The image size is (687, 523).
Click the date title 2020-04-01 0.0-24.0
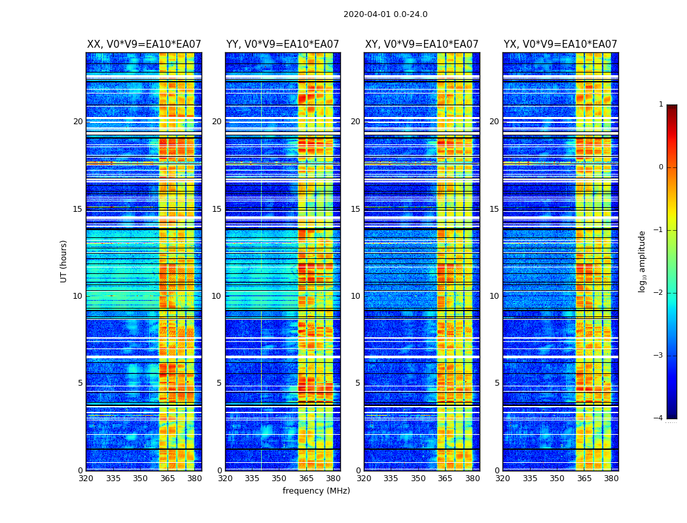tap(385, 14)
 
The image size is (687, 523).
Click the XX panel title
tap(144, 44)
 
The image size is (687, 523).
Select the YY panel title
tap(283, 44)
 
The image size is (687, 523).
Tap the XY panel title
tap(422, 44)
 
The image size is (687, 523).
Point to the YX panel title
tap(561, 44)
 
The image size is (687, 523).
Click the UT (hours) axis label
tap(64, 261)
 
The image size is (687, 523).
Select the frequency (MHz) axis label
tap(316, 491)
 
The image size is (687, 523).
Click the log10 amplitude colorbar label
tap(643, 261)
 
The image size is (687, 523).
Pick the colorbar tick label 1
tap(660, 105)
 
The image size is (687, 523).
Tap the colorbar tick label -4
tap(659, 418)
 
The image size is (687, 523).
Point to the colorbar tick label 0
tap(660, 167)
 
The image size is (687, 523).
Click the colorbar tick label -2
tap(659, 293)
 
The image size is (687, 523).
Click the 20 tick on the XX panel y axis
tap(78, 122)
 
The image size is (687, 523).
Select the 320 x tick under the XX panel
tap(86, 479)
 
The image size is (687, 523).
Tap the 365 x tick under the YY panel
tap(306, 479)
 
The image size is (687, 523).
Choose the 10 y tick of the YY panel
tap(217, 296)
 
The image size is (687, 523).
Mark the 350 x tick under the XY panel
tap(418, 479)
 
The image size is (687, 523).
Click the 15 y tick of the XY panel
tap(355, 209)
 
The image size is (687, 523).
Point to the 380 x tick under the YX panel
tap(611, 479)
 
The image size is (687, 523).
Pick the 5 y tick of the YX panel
tap(497, 383)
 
